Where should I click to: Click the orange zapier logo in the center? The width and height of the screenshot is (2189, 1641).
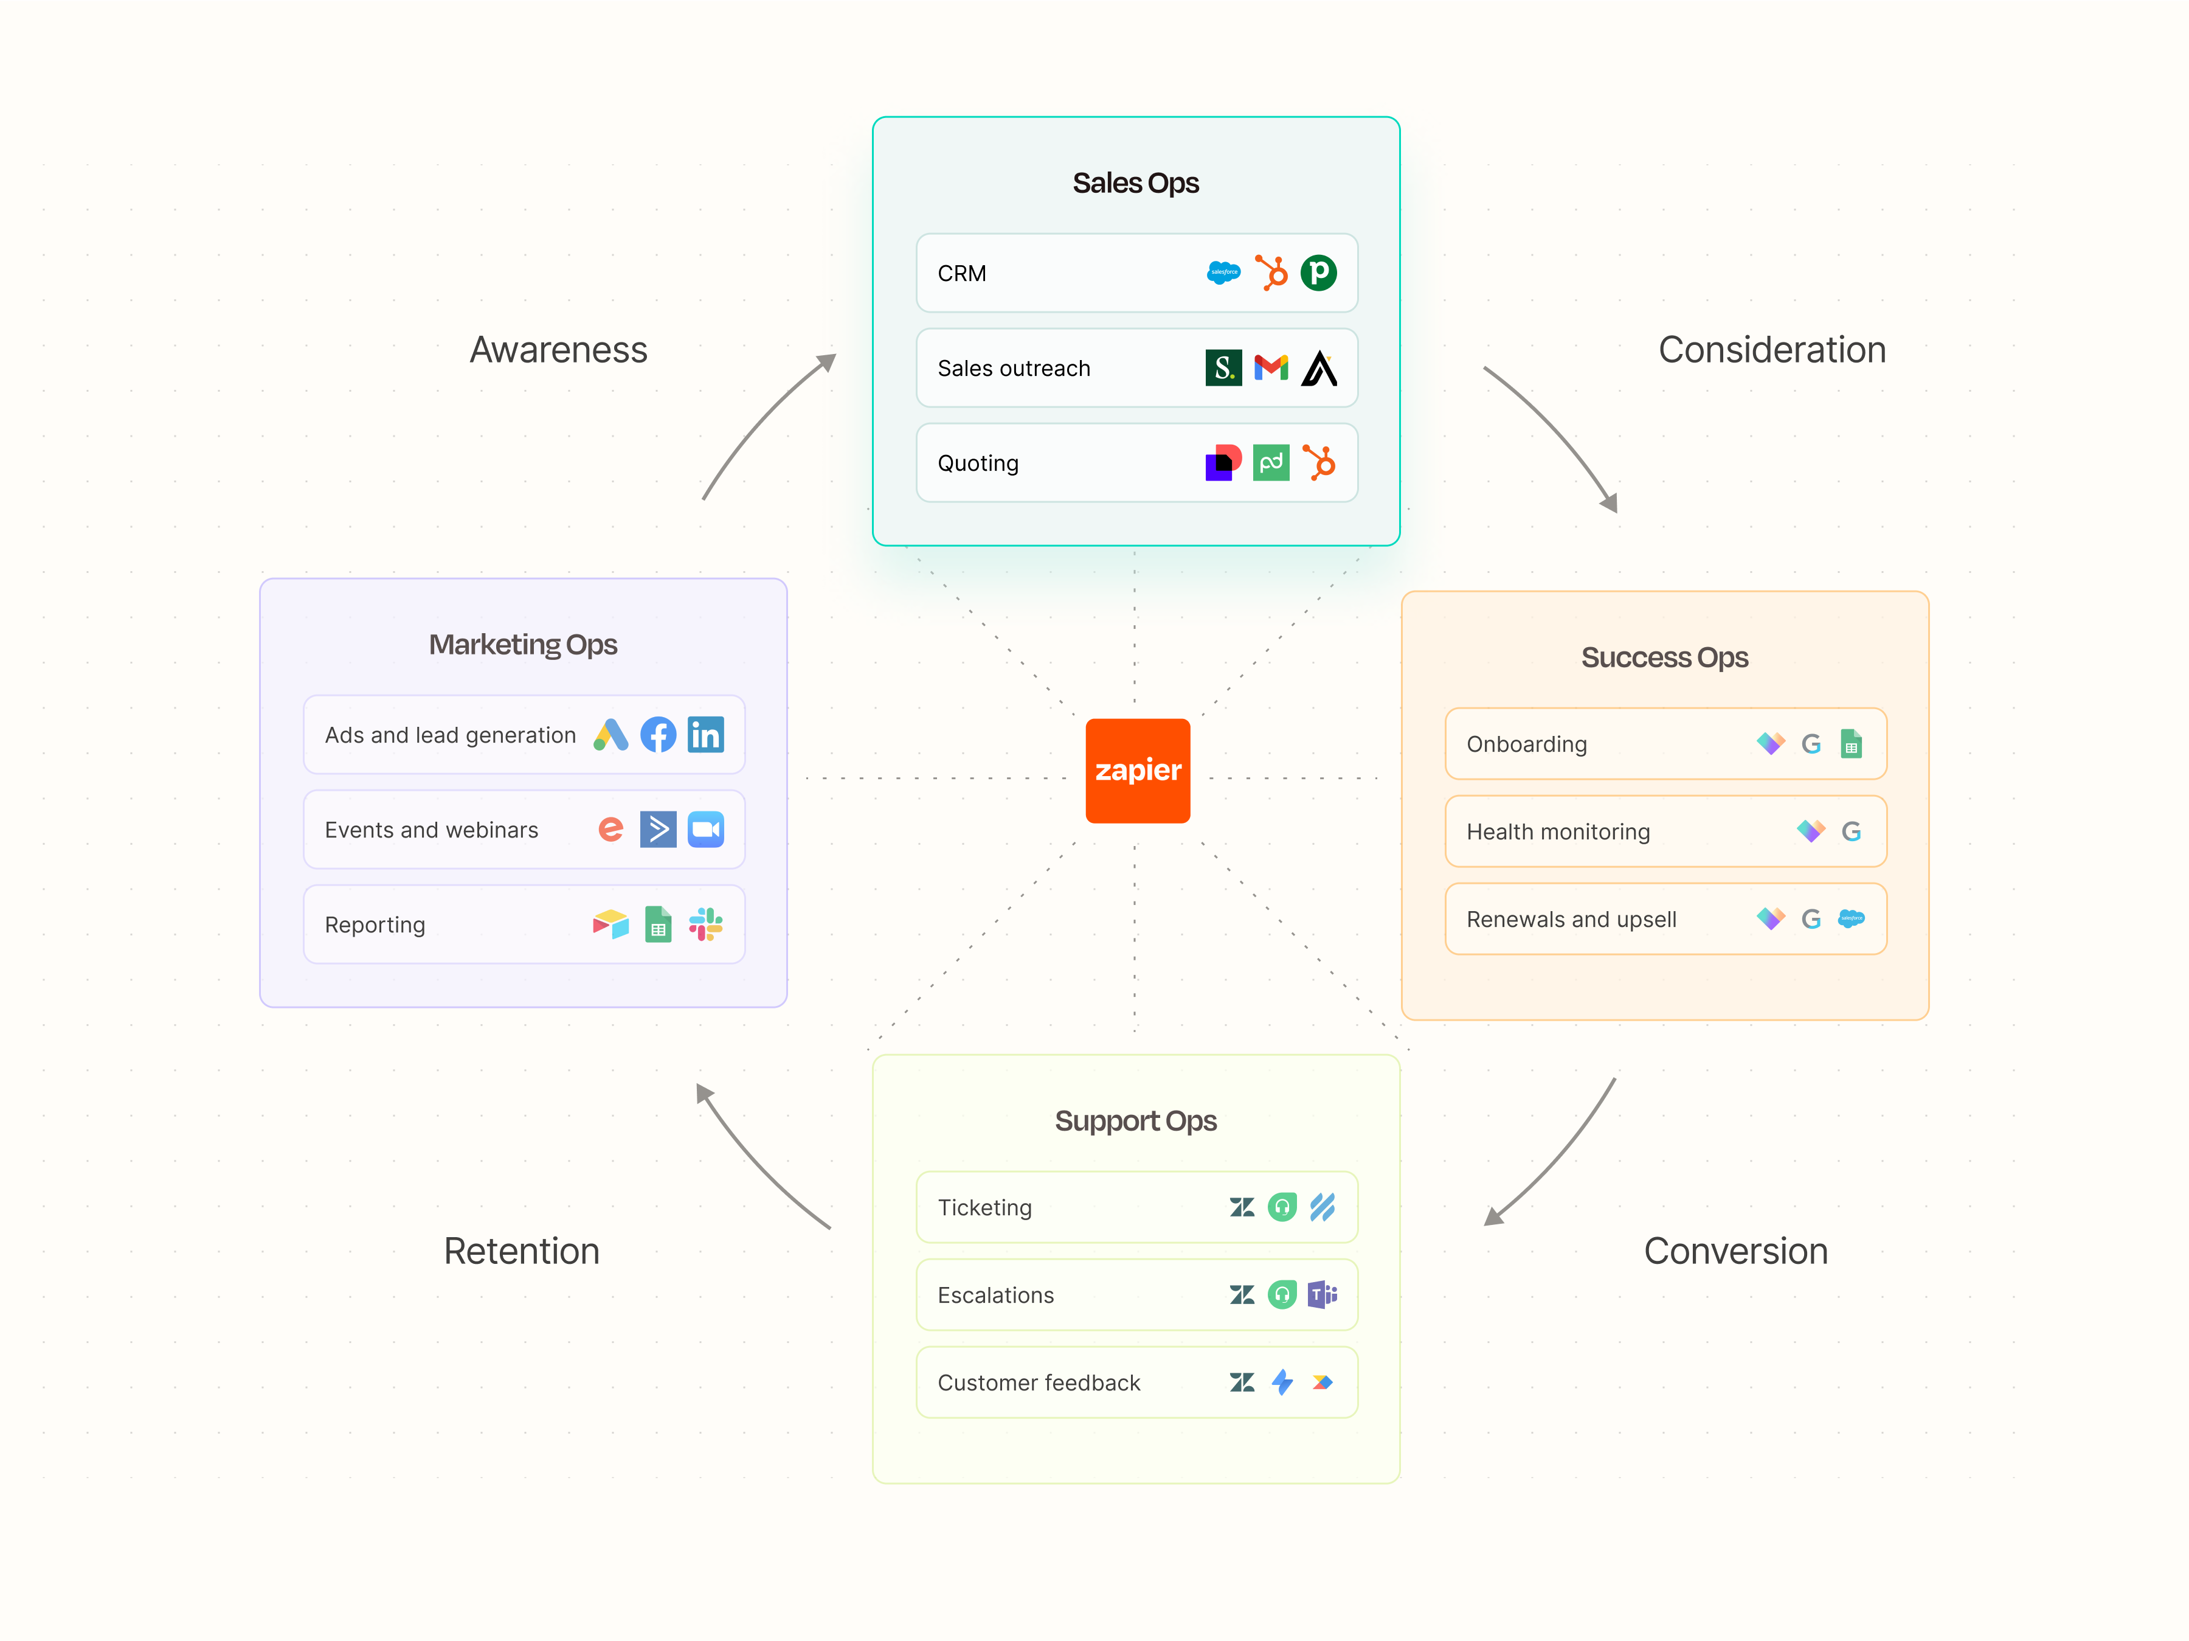coord(1137,770)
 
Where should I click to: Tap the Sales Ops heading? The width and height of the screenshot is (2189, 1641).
coord(1135,183)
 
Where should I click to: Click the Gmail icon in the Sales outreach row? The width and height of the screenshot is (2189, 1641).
coord(1271,367)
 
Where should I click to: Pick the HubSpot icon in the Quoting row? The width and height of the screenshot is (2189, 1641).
coord(1318,462)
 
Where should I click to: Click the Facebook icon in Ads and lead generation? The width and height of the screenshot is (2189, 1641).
coord(658,734)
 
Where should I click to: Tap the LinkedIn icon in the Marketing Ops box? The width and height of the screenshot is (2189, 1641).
coord(705,734)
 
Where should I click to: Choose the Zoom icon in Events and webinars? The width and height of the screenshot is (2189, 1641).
coord(705,830)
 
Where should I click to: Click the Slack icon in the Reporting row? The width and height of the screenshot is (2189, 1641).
coord(705,925)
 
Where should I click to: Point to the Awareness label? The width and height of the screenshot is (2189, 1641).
coord(558,349)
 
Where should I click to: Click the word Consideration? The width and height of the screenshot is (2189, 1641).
coord(1771,349)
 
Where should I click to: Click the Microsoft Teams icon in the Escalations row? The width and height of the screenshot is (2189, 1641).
coord(1322,1294)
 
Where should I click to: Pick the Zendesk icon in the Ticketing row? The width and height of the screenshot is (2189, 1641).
coord(1242,1207)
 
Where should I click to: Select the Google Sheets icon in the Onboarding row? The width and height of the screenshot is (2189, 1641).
coord(1850,743)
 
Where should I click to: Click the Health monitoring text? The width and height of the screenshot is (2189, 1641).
coord(1558,831)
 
